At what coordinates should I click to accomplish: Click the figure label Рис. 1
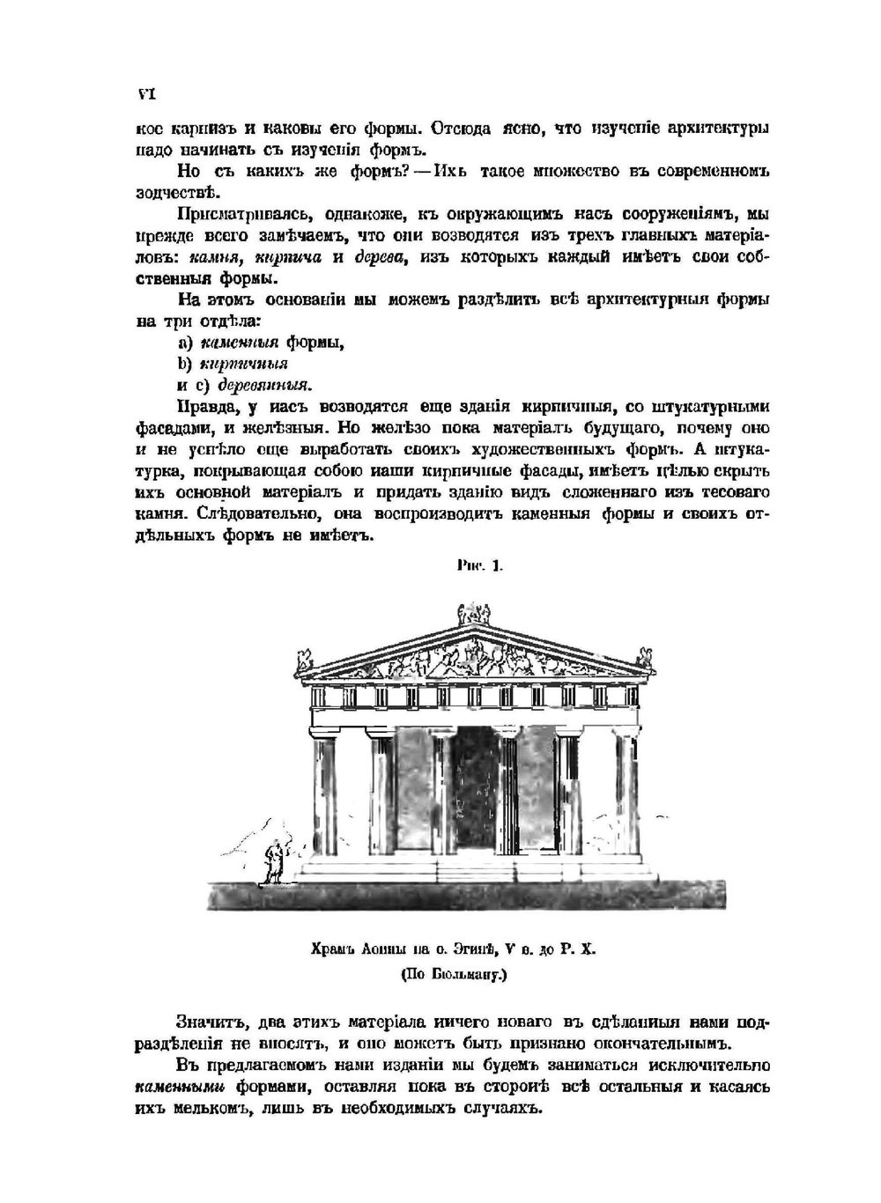coord(480,568)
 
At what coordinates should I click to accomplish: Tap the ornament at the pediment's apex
coord(474,614)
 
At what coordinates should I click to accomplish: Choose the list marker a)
coord(184,343)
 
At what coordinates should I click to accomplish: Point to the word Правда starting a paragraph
coord(208,407)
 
